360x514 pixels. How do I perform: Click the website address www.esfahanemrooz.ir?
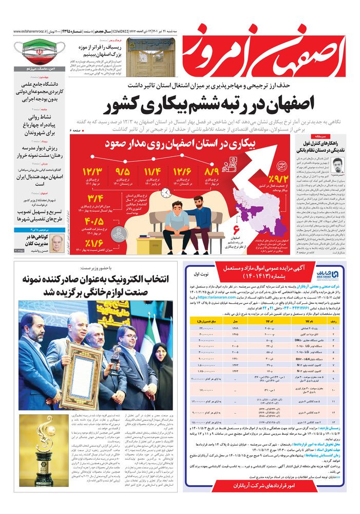tap(31, 31)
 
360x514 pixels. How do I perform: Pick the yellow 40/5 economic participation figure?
tap(96, 223)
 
